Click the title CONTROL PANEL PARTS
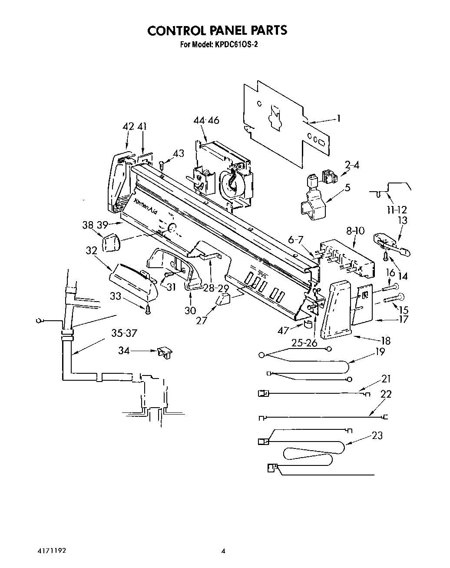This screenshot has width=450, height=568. (217, 30)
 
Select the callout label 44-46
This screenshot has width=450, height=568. (206, 120)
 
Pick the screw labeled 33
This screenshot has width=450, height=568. (148, 309)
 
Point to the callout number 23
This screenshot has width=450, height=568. (377, 435)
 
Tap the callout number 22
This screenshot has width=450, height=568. (386, 394)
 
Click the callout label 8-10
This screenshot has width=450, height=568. (356, 231)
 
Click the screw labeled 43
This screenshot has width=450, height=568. (162, 166)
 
